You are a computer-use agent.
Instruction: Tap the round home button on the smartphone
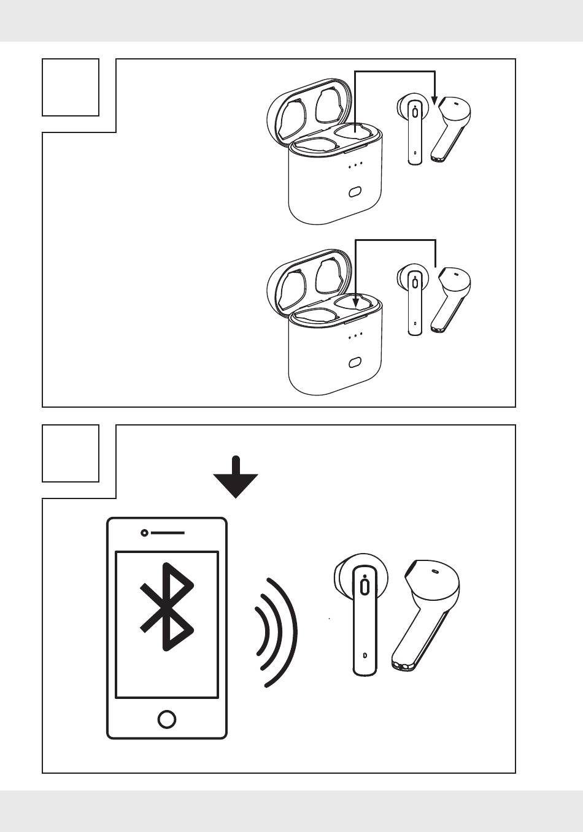(167, 719)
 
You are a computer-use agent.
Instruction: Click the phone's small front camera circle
(144, 533)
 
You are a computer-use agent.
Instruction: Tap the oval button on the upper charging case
(354, 193)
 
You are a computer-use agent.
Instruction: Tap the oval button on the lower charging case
(354, 363)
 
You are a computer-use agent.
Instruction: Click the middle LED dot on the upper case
(355, 164)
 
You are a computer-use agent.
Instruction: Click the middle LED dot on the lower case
(355, 335)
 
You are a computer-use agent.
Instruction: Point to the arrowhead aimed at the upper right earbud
(434, 99)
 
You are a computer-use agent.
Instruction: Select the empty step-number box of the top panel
(71, 87)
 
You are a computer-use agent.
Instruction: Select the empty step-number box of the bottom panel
(71, 453)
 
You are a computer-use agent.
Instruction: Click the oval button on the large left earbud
(365, 586)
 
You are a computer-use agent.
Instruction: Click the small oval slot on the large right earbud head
(436, 571)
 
